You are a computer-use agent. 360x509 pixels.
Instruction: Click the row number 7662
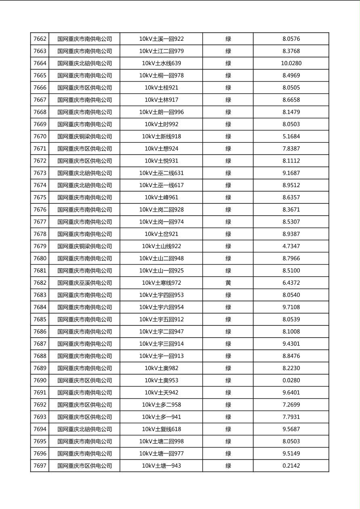(x=40, y=39)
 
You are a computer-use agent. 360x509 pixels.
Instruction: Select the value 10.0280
(x=291, y=63)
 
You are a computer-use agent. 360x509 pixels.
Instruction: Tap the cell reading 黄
(x=228, y=283)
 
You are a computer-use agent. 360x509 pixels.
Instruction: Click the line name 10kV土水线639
(x=161, y=63)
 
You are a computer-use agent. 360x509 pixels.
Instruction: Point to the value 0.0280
(x=291, y=380)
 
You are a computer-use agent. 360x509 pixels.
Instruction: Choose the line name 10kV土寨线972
(x=161, y=283)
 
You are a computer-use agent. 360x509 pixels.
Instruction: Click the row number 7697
(x=40, y=466)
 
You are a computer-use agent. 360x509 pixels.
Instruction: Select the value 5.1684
(x=291, y=136)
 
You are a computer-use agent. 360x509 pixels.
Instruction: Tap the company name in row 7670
(x=84, y=136)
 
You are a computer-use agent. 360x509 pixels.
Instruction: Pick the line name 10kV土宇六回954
(x=161, y=307)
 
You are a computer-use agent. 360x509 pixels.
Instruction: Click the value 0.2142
(x=291, y=466)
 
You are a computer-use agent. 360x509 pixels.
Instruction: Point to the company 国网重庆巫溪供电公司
(x=84, y=283)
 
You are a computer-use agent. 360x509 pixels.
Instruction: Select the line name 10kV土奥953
(x=161, y=380)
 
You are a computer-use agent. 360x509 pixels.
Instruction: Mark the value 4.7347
(x=291, y=246)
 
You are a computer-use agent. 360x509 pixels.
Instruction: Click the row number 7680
(x=40, y=259)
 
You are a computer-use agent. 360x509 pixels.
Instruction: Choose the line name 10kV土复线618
(x=161, y=429)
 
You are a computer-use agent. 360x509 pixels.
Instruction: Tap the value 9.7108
(x=291, y=307)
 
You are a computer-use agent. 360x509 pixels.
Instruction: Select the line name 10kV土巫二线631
(x=161, y=173)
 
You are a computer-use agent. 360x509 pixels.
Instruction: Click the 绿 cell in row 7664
(x=228, y=63)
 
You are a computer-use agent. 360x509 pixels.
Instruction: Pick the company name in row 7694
(x=84, y=429)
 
